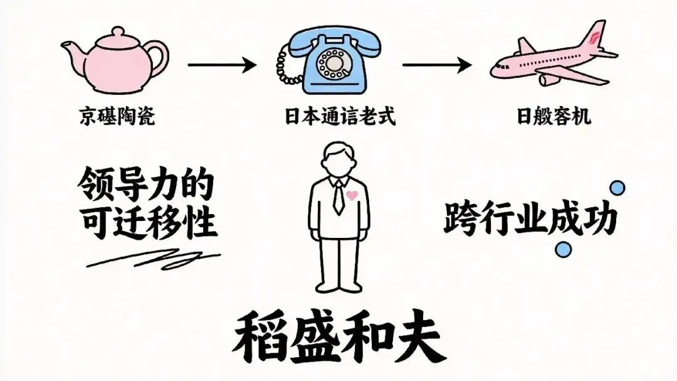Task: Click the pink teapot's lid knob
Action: (116, 31)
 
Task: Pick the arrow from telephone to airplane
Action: (436, 64)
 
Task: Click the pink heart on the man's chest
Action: (352, 196)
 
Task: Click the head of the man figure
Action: (338, 158)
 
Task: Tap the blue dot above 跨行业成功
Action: (617, 187)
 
